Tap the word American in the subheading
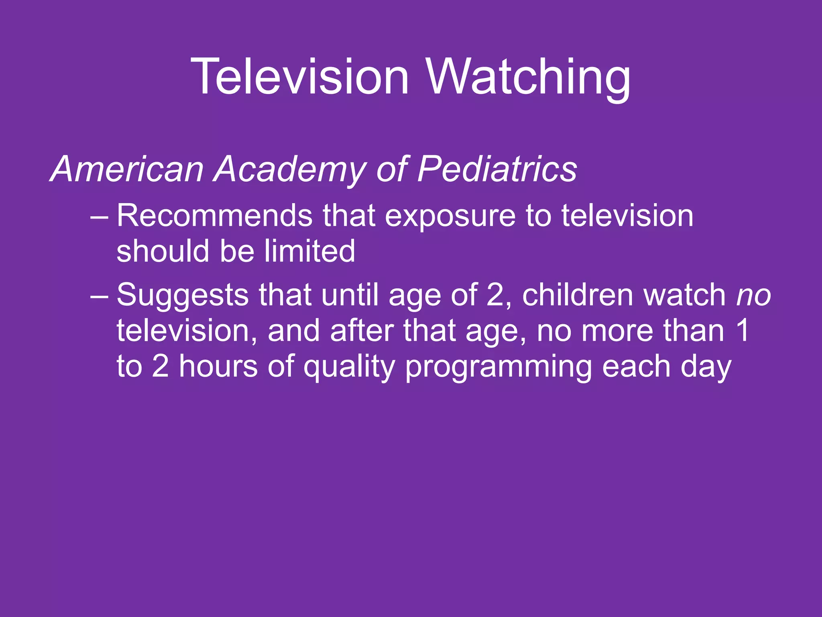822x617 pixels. [x=127, y=170]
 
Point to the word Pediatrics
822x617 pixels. [x=497, y=170]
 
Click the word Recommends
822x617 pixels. [x=214, y=216]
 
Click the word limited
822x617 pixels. [x=309, y=251]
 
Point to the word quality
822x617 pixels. [x=349, y=367]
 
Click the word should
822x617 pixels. [x=163, y=251]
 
